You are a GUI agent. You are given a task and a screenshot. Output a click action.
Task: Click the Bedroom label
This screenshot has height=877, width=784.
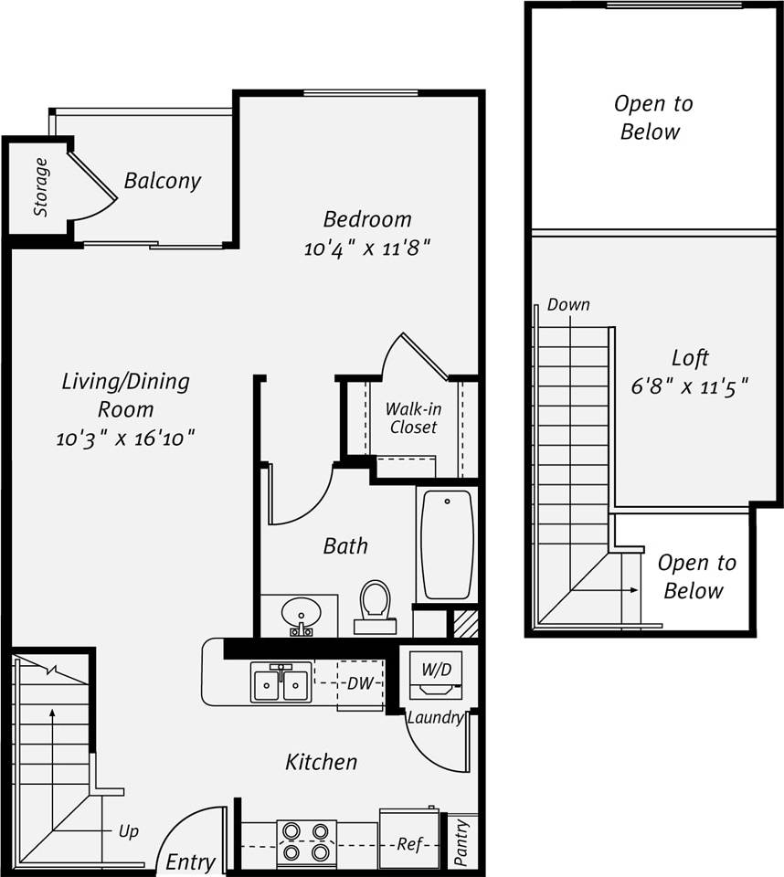point(367,219)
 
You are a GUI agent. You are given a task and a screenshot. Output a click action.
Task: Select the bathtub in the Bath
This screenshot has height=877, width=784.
point(447,544)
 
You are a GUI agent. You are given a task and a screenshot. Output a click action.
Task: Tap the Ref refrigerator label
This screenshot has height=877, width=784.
point(409,844)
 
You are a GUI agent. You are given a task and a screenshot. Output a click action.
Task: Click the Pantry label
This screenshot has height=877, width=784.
point(462,842)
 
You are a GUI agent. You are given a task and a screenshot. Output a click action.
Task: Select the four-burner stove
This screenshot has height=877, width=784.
point(305,841)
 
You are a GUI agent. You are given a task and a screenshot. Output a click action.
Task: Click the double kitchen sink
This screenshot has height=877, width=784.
point(281,684)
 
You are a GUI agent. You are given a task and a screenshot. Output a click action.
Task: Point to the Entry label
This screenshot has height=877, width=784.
point(191,861)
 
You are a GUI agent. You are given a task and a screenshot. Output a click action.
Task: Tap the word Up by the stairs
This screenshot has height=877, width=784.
point(129,831)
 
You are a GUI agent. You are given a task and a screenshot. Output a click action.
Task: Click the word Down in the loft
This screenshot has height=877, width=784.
point(568,305)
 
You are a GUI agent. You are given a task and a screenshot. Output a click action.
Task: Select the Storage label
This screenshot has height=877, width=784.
point(41,187)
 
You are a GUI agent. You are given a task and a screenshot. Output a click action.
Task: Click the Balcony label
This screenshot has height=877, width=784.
point(163,181)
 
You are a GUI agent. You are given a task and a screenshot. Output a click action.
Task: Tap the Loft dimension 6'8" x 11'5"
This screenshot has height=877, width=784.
point(690,386)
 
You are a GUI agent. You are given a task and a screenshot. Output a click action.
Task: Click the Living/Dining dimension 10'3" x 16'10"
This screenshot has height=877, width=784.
point(125,438)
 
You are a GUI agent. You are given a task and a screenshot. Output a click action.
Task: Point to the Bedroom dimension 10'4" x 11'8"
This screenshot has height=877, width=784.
point(366,248)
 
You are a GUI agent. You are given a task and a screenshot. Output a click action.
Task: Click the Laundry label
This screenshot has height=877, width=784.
point(435,718)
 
